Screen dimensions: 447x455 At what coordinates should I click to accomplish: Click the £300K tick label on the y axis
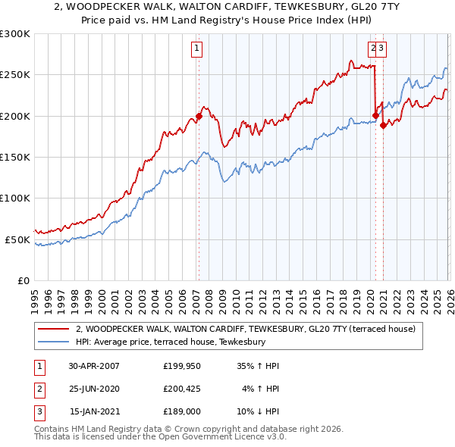(x=15, y=34)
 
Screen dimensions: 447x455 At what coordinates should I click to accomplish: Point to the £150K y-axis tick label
(x=15, y=157)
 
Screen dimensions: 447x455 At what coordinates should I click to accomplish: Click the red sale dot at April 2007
(x=199, y=116)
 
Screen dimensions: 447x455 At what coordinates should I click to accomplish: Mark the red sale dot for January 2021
(x=383, y=125)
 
